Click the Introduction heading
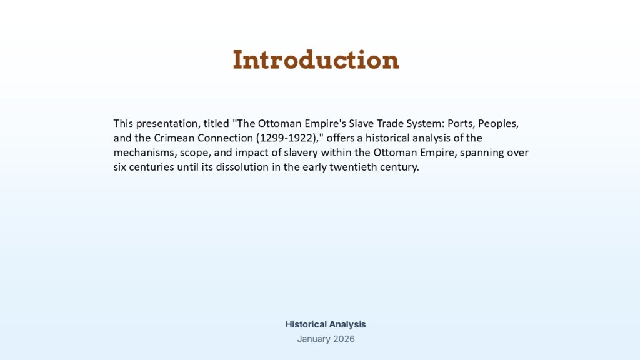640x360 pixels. click(x=316, y=60)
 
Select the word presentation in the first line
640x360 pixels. click(x=168, y=124)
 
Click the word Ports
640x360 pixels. click(x=461, y=124)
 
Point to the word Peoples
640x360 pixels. click(x=498, y=124)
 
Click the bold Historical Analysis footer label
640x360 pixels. click(x=326, y=324)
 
